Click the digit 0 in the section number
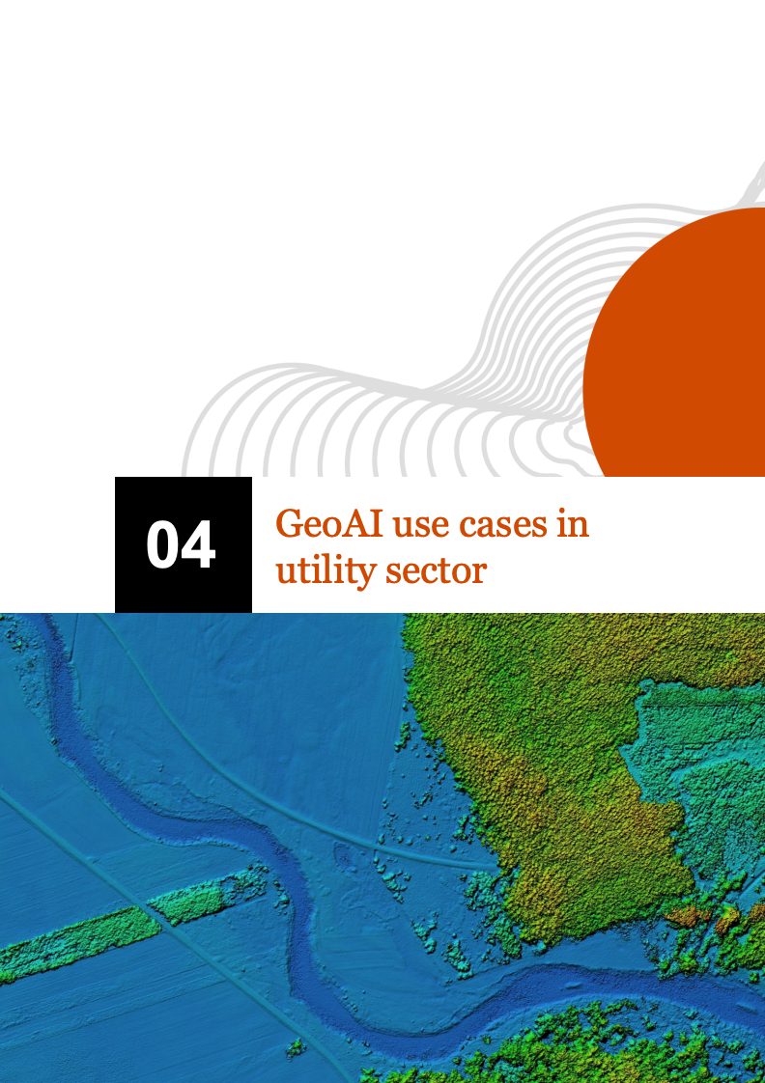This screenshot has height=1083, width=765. tap(163, 545)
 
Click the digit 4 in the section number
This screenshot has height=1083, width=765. tap(199, 545)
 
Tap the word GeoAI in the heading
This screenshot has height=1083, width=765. tap(329, 523)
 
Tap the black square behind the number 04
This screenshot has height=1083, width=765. tap(184, 544)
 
